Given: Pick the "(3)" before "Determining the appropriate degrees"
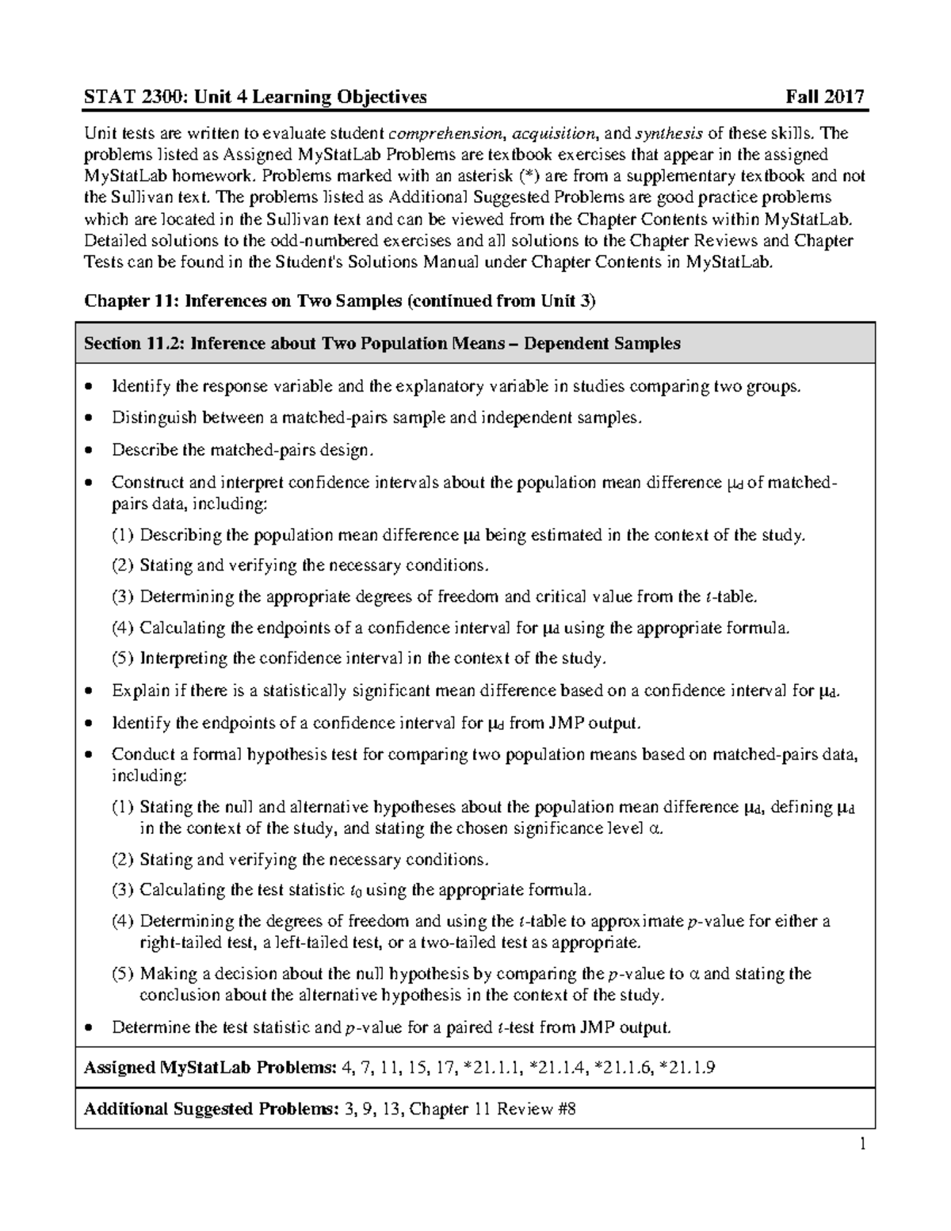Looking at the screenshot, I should (123, 596).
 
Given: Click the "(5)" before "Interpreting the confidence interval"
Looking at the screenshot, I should (123, 658).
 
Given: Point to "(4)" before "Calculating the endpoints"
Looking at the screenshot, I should (123, 628).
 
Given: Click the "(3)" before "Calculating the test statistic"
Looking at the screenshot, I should (123, 889).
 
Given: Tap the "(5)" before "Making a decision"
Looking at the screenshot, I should (123, 973).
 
